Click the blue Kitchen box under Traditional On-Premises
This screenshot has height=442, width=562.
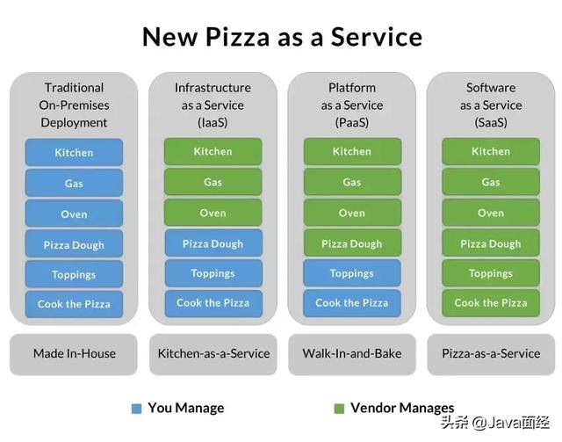[74, 153]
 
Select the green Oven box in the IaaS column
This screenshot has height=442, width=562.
[213, 213]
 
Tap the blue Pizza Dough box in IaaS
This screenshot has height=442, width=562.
[213, 243]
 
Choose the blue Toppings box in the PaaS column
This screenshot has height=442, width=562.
[352, 273]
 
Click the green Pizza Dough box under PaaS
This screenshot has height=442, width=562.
[352, 243]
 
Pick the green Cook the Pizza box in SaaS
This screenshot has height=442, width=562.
[491, 303]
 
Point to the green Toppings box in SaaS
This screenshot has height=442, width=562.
[491, 273]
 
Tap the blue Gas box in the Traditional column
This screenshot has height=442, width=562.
[74, 184]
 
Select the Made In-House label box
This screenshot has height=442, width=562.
[74, 354]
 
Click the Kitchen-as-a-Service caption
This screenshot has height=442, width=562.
[213, 354]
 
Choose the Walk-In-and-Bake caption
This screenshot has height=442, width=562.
[352, 354]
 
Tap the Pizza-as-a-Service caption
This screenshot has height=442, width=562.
[491, 354]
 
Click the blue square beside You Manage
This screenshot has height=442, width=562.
[137, 409]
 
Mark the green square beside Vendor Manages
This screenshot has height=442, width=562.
[339, 409]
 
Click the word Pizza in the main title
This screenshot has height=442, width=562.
[237, 37]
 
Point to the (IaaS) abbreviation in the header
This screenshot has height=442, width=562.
[213, 123]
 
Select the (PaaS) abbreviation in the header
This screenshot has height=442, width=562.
[352, 123]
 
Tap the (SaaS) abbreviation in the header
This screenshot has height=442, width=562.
[491, 123]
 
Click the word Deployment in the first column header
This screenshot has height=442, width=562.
[74, 123]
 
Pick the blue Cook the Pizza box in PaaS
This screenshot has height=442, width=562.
[352, 303]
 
